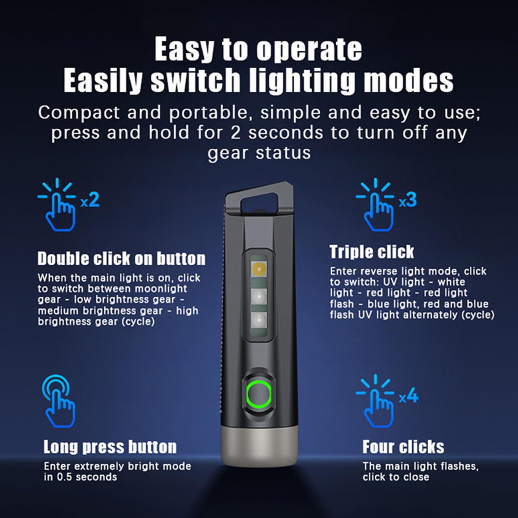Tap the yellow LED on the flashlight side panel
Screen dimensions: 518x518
pos(259,268)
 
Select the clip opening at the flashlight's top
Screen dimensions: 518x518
pos(258,202)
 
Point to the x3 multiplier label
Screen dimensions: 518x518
pos(408,200)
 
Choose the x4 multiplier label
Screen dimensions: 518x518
pos(409,397)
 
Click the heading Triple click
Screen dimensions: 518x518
pos(372,252)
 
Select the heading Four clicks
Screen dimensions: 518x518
pos(403,447)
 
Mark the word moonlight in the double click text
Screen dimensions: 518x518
pos(165,288)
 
